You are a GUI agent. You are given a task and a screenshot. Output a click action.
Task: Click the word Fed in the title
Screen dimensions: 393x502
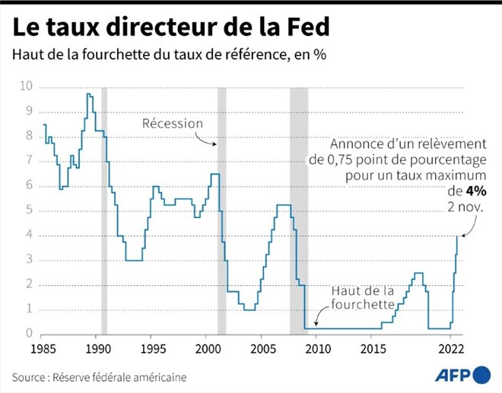click(x=303, y=27)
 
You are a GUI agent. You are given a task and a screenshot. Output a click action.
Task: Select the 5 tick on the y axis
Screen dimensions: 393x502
click(x=29, y=211)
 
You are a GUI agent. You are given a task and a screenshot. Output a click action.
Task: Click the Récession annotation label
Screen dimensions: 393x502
click(x=173, y=123)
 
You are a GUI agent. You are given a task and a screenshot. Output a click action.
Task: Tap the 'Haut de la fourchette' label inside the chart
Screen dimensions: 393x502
click(x=362, y=298)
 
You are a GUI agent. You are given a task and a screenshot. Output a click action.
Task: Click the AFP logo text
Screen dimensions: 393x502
click(x=452, y=375)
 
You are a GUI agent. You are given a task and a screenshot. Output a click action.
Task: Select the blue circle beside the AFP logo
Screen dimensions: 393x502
click(x=481, y=375)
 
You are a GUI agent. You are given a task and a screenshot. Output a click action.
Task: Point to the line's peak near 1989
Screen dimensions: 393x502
click(x=90, y=93)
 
